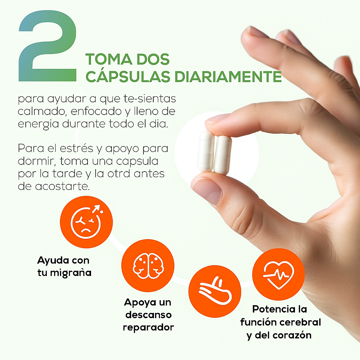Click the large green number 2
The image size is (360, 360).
tap(47, 46)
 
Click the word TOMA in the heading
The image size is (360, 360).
tap(109, 59)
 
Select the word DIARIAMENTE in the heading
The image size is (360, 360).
tap(228, 76)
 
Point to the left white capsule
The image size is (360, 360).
tap(205, 152)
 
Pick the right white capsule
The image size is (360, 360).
tap(223, 155)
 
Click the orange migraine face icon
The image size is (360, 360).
tap(86, 222)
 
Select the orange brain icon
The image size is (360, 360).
tap(148, 266)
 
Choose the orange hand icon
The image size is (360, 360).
tap(215, 291)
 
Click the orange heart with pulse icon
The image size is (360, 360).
tap(278, 274)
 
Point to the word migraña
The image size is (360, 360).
tap(71, 273)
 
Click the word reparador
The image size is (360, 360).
tap(148, 327)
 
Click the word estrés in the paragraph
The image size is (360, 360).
tap(76, 148)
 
